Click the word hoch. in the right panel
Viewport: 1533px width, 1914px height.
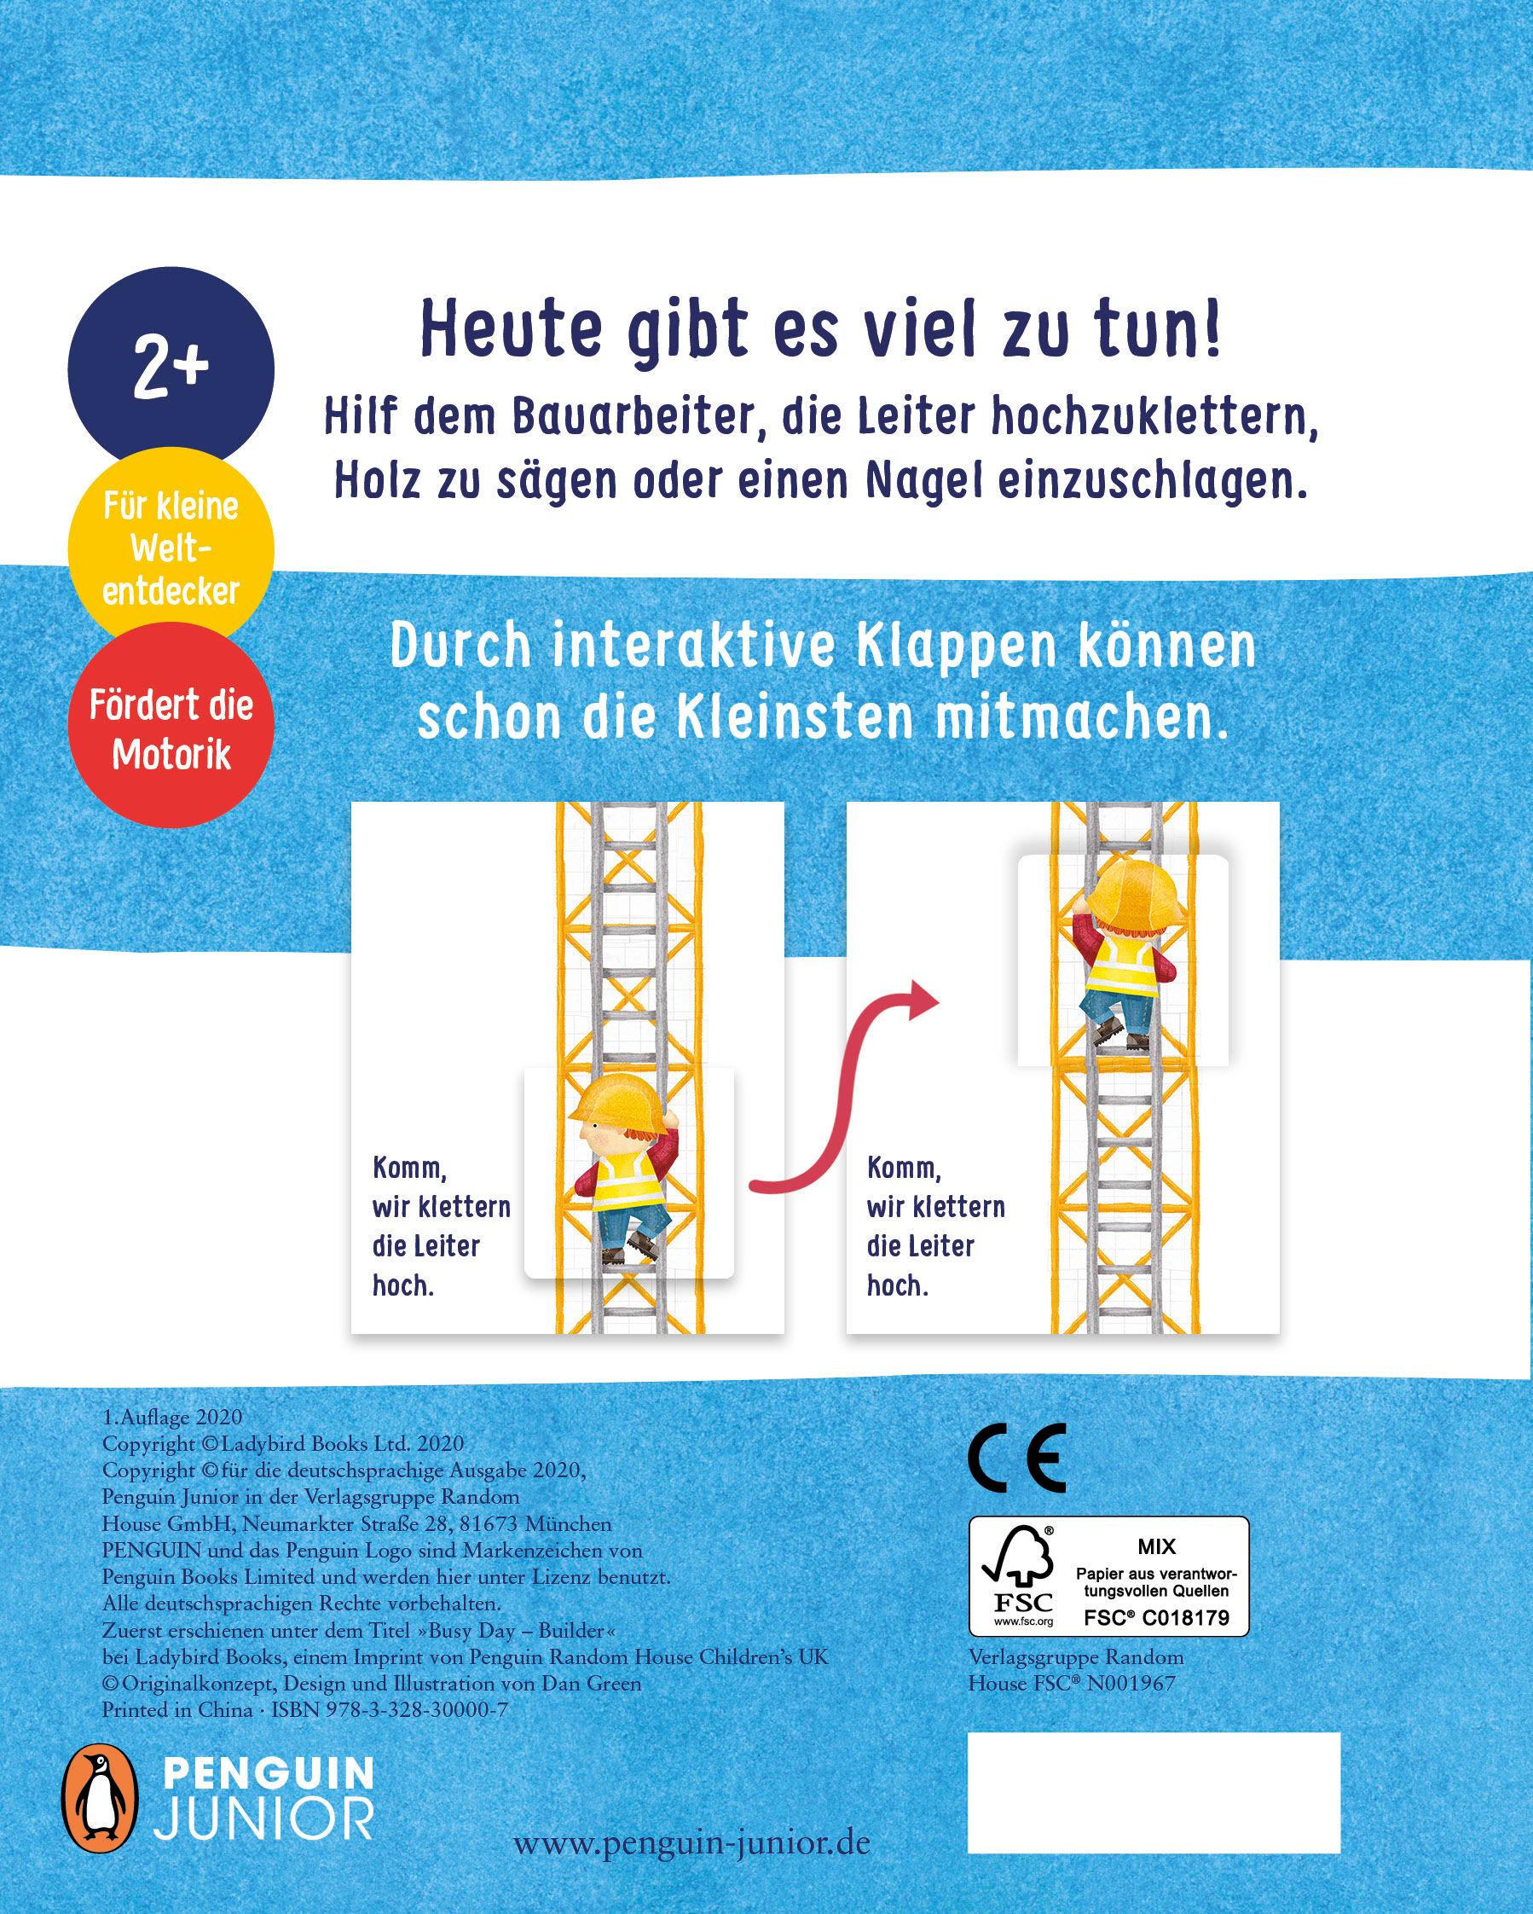click(898, 1286)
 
